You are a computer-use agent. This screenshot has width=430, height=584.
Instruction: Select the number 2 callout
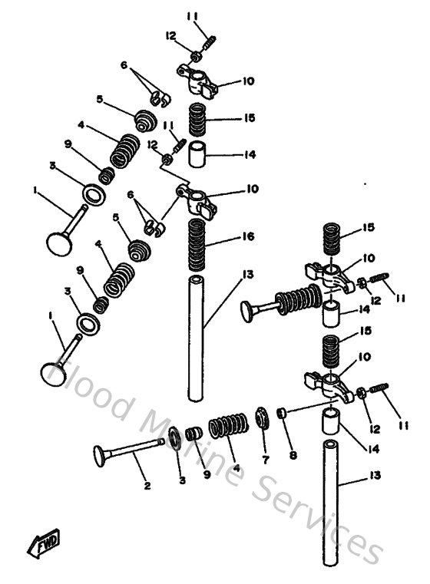tap(147, 485)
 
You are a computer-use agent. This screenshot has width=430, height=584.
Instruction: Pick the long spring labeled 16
tap(197, 244)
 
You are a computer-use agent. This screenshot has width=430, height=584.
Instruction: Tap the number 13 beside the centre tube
tap(246, 275)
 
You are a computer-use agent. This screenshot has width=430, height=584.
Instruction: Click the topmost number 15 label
tap(248, 118)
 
